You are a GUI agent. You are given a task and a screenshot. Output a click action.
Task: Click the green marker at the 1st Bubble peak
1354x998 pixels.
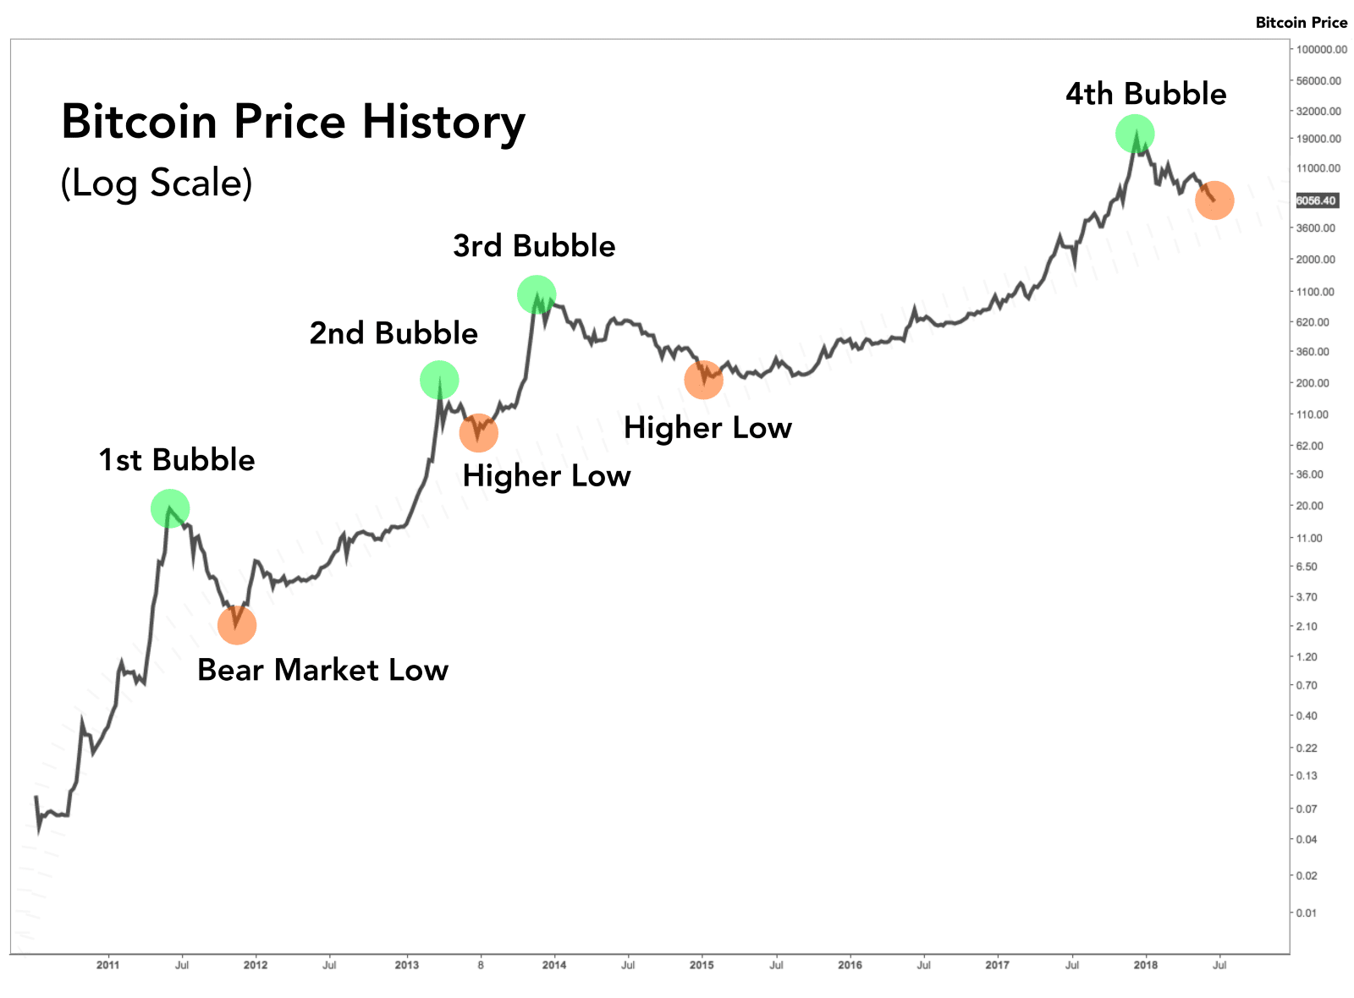click(170, 508)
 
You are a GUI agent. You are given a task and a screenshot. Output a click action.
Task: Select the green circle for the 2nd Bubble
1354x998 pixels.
click(439, 380)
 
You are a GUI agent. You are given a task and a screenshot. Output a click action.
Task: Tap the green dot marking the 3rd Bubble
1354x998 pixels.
click(537, 294)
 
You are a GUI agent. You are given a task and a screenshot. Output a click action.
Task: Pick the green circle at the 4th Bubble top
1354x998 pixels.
click(1135, 133)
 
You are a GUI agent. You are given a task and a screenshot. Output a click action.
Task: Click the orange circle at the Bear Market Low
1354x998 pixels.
click(237, 625)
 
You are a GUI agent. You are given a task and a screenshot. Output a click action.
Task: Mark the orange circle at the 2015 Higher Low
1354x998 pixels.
click(703, 380)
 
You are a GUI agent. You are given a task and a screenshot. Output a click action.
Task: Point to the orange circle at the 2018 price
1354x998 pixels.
click(1214, 200)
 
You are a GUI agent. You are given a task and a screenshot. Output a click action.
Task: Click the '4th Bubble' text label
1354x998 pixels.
click(1146, 94)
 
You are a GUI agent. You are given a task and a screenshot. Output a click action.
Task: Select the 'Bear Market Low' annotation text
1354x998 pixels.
click(322, 670)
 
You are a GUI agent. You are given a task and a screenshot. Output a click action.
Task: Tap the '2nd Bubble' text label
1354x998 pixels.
click(394, 333)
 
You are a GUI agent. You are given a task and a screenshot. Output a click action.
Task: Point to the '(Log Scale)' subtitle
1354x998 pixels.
click(157, 183)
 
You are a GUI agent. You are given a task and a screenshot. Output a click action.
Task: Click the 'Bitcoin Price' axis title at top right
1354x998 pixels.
click(1301, 23)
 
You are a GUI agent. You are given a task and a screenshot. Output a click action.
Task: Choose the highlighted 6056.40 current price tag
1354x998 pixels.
click(1316, 200)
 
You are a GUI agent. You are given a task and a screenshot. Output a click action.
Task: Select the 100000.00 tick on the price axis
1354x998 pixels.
click(1321, 50)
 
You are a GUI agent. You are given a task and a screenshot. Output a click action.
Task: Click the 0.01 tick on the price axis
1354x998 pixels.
click(1307, 913)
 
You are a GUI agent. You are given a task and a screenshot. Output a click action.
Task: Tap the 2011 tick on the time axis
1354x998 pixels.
click(107, 964)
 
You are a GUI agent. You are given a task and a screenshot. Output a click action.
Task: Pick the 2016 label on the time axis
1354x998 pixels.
click(850, 964)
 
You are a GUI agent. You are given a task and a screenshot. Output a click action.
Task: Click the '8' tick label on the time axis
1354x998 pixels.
click(481, 964)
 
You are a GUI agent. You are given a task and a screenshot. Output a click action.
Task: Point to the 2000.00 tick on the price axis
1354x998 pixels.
click(1316, 260)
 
